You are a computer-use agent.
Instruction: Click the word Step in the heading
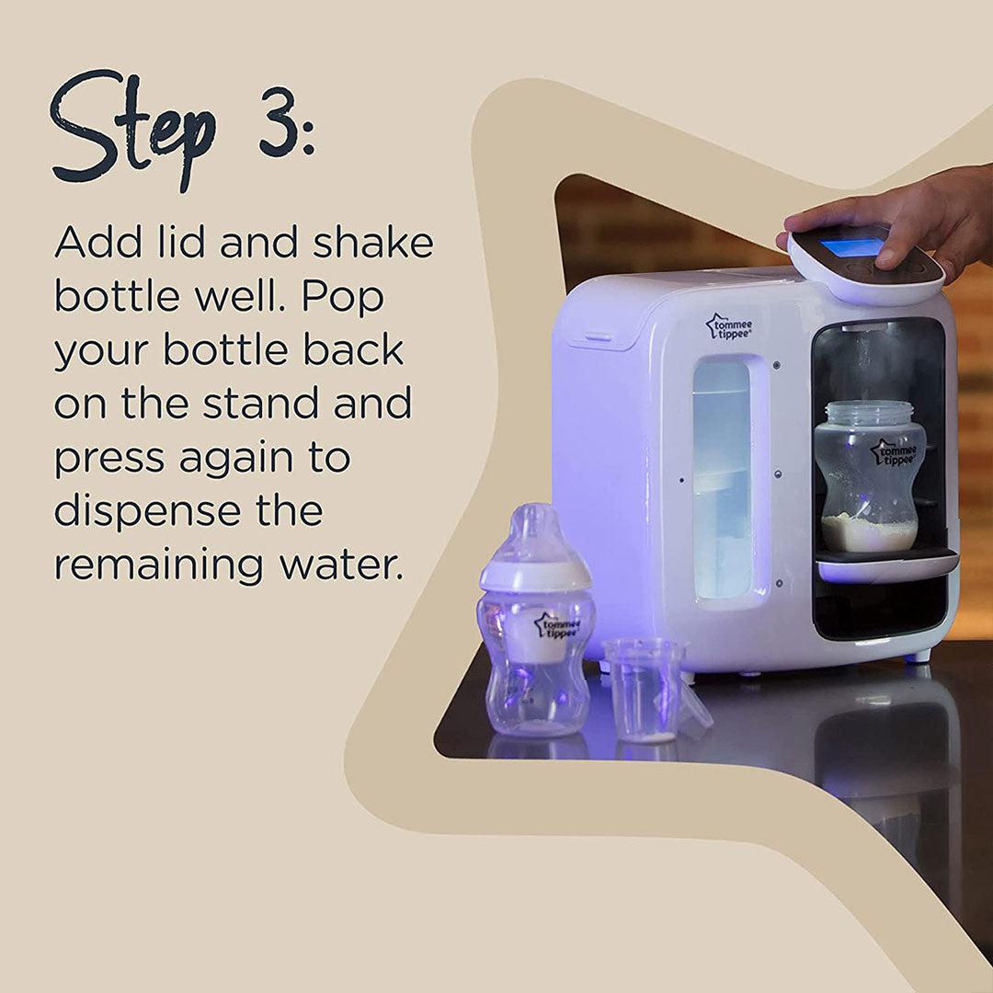click(133, 129)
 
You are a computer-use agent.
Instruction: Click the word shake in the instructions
click(371, 243)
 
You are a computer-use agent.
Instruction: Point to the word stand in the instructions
click(260, 405)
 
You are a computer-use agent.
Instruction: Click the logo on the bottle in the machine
click(894, 453)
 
